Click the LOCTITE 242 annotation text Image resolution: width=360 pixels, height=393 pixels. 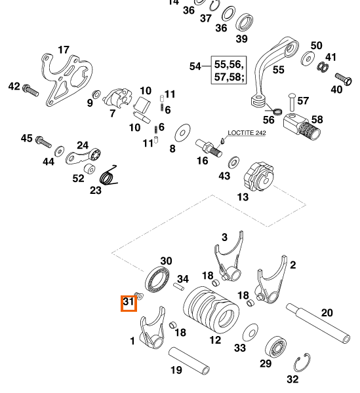[247, 132]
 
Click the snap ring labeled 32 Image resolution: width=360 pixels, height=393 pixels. [302, 363]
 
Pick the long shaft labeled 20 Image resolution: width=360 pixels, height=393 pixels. [318, 323]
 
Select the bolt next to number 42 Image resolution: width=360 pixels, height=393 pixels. [31, 90]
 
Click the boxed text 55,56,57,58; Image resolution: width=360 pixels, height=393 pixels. [229, 71]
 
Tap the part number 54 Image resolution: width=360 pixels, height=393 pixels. [195, 66]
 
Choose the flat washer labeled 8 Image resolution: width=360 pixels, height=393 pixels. [182, 132]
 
